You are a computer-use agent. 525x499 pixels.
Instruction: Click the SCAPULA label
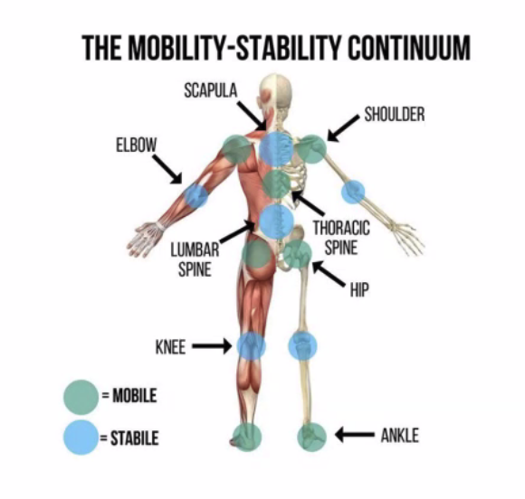click(211, 90)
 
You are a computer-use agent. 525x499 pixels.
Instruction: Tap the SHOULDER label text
click(395, 115)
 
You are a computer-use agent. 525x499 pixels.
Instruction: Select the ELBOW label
click(137, 146)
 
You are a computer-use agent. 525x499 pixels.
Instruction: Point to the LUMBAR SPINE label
click(195, 259)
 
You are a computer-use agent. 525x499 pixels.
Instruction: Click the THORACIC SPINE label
click(341, 238)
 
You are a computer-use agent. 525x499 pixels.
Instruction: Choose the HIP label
click(359, 290)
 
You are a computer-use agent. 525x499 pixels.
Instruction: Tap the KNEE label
click(170, 347)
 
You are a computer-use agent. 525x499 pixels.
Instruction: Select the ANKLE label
click(400, 436)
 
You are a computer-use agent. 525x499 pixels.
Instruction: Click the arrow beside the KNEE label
click(212, 346)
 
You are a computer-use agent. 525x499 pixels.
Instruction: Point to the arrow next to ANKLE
click(355, 435)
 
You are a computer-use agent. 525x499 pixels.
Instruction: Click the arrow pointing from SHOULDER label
click(343, 128)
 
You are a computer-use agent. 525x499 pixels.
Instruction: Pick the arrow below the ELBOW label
click(167, 169)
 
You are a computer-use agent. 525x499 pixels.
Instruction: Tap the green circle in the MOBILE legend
click(81, 398)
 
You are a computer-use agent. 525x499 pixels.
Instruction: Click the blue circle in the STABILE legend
click(81, 438)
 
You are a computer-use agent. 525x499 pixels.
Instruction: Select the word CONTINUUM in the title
click(409, 48)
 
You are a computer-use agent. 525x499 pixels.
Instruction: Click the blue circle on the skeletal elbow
click(353, 192)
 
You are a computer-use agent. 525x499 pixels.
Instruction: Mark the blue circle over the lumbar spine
click(277, 221)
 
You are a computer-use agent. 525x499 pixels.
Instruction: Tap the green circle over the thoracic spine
click(277, 184)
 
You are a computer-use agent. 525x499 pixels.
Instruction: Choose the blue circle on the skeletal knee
click(302, 346)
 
